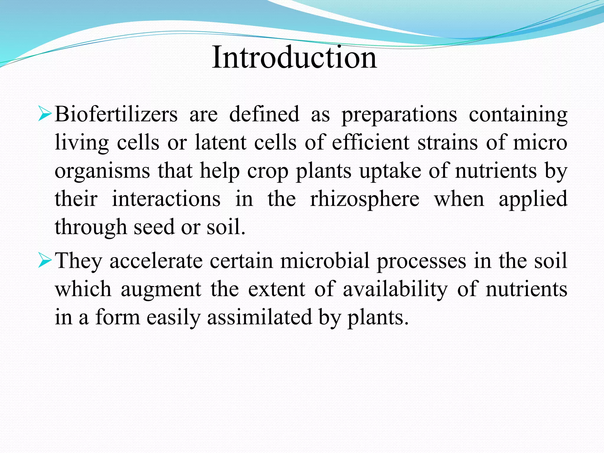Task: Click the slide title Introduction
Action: click(x=294, y=57)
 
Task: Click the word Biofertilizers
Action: click(x=116, y=114)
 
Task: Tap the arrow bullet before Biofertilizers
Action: click(x=45, y=114)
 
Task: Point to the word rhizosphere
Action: click(x=365, y=199)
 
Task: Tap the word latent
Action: click(x=221, y=142)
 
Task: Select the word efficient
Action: click(x=371, y=142)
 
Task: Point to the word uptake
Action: click(x=390, y=171)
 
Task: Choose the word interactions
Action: click(x=166, y=199)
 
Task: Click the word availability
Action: click(x=395, y=289)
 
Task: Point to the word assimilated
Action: click(x=260, y=317)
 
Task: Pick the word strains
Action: click(x=447, y=142)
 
